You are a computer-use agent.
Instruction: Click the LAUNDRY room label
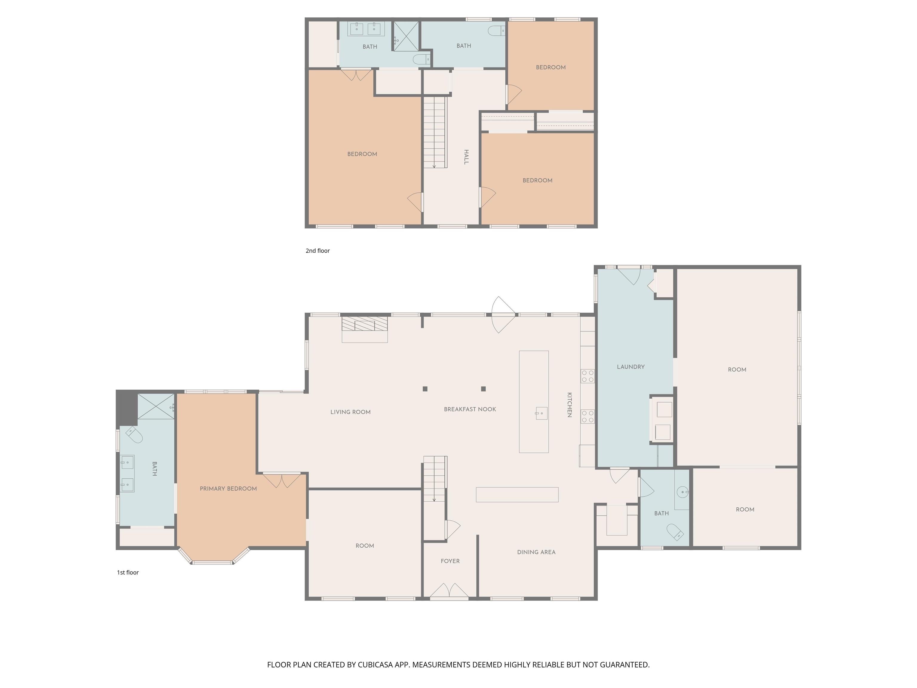pos(630,367)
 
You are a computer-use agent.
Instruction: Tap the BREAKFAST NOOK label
pos(470,409)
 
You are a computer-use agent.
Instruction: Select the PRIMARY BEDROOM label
pos(228,489)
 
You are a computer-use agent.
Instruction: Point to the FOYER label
pos(450,561)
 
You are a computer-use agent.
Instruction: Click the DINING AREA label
pos(536,552)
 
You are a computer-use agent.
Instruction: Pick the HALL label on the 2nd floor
pos(466,157)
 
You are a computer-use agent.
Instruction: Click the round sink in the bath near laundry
pos(682,492)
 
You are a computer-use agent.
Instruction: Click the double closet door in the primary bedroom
pos(282,480)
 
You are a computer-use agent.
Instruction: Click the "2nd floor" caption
pos(318,251)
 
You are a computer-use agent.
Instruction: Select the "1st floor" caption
pos(128,572)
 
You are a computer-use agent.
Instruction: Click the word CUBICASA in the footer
pos(375,665)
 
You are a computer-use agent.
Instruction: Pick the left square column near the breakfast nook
pos(425,388)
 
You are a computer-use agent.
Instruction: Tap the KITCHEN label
pos(570,405)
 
